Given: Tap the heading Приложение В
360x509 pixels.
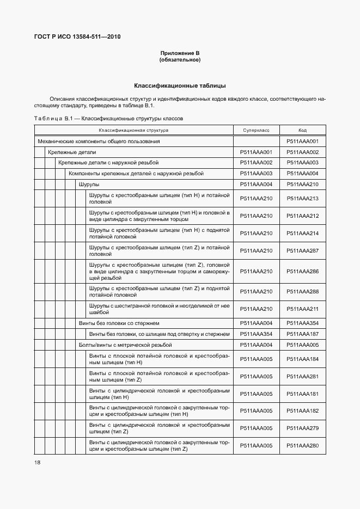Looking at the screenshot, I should [x=180, y=53].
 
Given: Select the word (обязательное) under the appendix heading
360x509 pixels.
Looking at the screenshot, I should [x=180, y=59].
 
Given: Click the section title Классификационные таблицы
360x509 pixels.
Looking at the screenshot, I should [x=180, y=85].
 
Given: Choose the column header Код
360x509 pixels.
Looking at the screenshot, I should [x=302, y=131].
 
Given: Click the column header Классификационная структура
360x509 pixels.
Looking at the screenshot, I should [x=133, y=131].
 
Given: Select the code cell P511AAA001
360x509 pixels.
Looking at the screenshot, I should [x=302, y=142].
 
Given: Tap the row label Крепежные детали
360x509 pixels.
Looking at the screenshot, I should [x=71, y=152].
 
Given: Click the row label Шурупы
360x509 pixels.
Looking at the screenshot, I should [x=89, y=185].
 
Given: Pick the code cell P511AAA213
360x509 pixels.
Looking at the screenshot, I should [x=302, y=198].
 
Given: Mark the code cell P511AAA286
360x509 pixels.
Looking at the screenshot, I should [x=302, y=271].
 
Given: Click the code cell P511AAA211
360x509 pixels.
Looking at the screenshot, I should [x=302, y=309].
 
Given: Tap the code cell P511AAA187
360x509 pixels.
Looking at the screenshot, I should [x=302, y=334].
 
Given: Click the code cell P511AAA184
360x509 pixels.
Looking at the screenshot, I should [x=302, y=359].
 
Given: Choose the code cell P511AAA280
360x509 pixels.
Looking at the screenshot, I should [x=302, y=446].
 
